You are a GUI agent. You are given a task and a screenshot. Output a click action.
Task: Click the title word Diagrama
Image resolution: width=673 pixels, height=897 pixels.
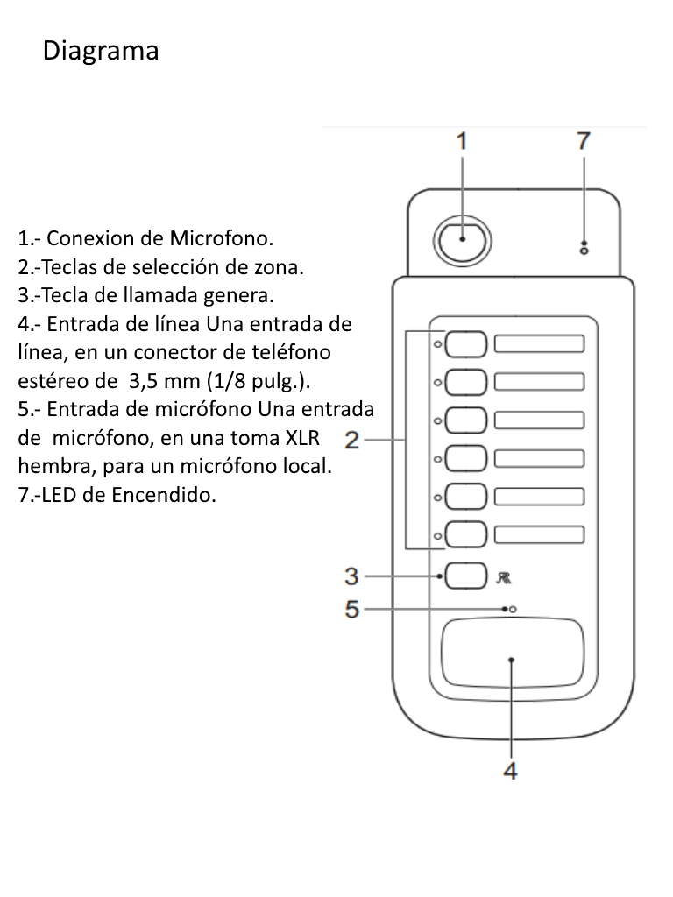(x=101, y=51)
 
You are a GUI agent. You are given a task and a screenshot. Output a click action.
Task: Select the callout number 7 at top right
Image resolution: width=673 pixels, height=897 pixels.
(x=583, y=141)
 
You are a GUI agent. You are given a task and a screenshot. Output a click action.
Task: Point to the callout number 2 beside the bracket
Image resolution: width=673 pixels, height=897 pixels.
(x=352, y=440)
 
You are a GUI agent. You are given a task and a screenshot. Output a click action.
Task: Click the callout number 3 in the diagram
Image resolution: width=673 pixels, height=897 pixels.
(x=351, y=576)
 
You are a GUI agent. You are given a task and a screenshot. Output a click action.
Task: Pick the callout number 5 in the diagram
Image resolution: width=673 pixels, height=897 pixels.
(x=351, y=609)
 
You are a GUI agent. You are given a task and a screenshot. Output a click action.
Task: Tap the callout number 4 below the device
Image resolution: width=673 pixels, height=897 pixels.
(x=510, y=771)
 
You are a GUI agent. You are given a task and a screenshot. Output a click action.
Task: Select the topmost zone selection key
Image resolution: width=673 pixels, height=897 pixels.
(x=465, y=344)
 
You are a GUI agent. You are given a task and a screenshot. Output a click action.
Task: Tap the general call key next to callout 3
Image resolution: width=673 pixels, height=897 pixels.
(x=465, y=576)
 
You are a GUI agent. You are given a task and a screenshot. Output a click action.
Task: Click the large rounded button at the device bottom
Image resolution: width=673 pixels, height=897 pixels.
(x=512, y=653)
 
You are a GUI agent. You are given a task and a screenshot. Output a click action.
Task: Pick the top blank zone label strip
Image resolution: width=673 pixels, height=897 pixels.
(x=540, y=343)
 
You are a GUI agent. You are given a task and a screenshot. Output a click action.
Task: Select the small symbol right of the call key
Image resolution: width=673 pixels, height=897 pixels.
(x=505, y=577)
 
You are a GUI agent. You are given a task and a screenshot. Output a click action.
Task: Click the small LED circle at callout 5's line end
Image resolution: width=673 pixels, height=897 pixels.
(x=514, y=609)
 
